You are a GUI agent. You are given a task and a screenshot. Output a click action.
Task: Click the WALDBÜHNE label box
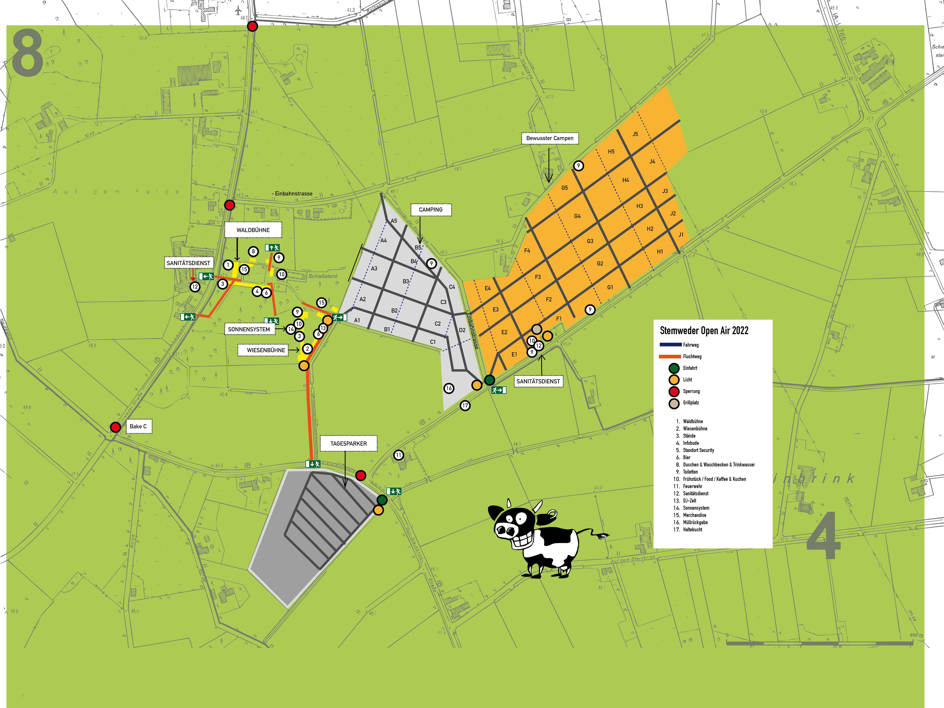pyautogui.click(x=253, y=230)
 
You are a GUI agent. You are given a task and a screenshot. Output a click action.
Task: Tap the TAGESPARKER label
pyautogui.click(x=348, y=443)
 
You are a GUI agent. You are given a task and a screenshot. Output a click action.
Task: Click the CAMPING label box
pyautogui.click(x=431, y=210)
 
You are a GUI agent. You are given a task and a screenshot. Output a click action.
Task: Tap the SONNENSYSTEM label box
pyautogui.click(x=249, y=329)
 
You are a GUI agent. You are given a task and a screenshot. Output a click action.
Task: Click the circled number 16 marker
pyautogui.click(x=448, y=388)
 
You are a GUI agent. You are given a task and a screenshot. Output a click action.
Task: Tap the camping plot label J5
pyautogui.click(x=635, y=134)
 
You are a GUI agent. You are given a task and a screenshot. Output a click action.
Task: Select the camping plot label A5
pyautogui.click(x=394, y=221)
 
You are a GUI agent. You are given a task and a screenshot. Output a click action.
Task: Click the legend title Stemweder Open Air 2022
pyautogui.click(x=704, y=331)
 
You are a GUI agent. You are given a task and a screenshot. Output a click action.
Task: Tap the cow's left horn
pyautogui.click(x=509, y=503)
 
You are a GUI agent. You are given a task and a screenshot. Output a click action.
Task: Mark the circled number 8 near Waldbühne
pyautogui.click(x=253, y=251)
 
